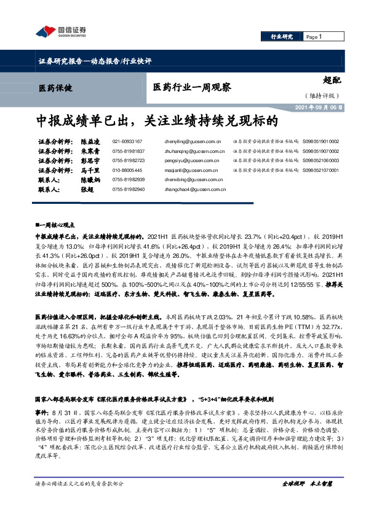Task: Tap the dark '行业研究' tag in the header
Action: [282, 37]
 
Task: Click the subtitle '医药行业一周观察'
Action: [192, 88]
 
